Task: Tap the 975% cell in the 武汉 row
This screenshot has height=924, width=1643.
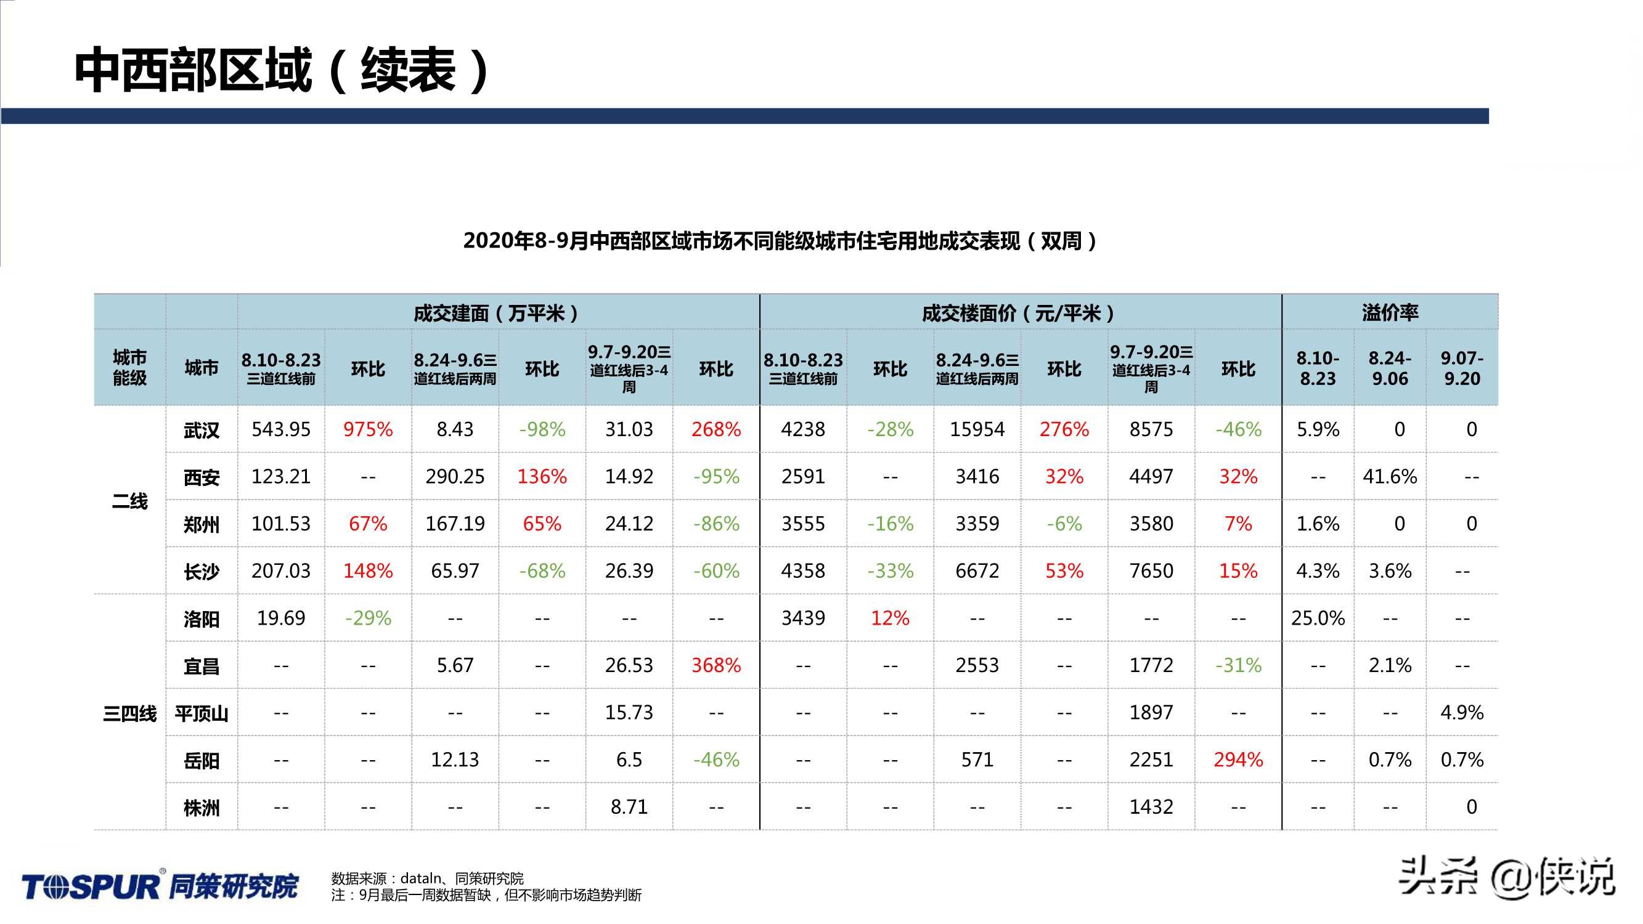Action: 367,429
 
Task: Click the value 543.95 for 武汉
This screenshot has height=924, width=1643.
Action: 280,429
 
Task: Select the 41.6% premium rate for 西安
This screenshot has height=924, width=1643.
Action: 1389,476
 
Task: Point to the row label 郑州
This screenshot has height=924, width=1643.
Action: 201,524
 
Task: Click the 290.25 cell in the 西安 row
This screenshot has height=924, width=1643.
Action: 455,476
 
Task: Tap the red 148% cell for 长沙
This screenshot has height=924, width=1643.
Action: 367,571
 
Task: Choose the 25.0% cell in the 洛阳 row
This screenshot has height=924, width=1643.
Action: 1317,618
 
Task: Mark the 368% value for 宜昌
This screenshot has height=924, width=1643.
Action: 715,665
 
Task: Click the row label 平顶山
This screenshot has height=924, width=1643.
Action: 201,713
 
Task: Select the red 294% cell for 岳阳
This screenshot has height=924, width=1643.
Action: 1237,760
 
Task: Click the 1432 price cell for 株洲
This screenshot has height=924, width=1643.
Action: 1151,807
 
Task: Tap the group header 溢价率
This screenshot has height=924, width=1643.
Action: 1389,312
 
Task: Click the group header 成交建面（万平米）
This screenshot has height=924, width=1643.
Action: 497,313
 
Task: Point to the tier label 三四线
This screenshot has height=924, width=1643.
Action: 129,713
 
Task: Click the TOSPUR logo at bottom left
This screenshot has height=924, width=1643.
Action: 160,886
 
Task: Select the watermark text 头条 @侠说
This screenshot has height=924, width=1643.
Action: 1505,877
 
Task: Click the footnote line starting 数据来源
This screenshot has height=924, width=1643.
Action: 427,878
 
